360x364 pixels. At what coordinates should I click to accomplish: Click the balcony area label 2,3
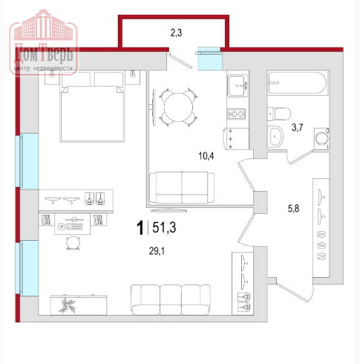click(176, 33)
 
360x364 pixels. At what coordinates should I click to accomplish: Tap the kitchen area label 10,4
click(206, 156)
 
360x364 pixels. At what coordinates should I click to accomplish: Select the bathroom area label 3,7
click(297, 127)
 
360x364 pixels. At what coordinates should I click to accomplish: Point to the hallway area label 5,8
click(293, 209)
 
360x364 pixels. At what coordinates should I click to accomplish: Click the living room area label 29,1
click(157, 251)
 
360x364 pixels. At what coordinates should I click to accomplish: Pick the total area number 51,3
click(164, 227)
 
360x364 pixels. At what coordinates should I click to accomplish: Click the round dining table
click(178, 107)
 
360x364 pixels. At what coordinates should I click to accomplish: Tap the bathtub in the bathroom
click(298, 82)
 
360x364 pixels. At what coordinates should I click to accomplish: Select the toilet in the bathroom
click(279, 114)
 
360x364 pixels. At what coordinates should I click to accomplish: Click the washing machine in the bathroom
click(321, 139)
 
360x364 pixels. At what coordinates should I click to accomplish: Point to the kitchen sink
click(238, 85)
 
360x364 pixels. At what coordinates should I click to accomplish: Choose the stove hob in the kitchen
click(236, 114)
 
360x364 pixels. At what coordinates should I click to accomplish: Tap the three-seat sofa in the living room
click(171, 300)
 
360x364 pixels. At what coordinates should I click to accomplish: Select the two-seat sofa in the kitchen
click(182, 187)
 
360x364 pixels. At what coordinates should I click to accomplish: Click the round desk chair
click(73, 243)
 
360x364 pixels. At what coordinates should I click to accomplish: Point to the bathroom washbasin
click(275, 137)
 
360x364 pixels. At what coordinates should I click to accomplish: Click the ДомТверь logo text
click(44, 54)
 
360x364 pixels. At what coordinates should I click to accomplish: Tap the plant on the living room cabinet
click(67, 305)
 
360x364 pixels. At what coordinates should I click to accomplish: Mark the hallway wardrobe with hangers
click(321, 227)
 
